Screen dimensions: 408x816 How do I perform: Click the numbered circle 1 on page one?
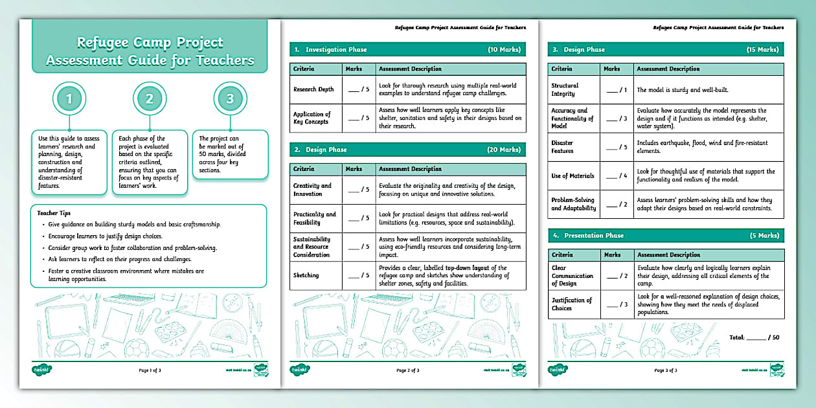69,99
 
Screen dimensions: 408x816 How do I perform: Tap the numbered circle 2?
149,99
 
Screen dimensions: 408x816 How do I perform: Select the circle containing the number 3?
230,99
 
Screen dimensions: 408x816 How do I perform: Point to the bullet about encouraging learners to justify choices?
105,236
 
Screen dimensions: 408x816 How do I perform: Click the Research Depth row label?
313,89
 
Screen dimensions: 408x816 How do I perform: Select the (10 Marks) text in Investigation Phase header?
503,49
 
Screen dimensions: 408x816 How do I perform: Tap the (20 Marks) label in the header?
503,150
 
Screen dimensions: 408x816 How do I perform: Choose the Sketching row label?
306,275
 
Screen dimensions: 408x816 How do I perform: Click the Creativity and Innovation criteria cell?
312,190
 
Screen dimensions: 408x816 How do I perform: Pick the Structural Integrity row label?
565,89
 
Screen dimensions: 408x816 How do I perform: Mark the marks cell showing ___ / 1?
617,90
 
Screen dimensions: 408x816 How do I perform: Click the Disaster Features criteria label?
562,147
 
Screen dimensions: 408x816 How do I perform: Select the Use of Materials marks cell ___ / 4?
617,176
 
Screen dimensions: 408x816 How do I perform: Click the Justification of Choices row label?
571,304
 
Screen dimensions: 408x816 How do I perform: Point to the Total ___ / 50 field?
754,337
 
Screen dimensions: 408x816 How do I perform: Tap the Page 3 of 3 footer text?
666,370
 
